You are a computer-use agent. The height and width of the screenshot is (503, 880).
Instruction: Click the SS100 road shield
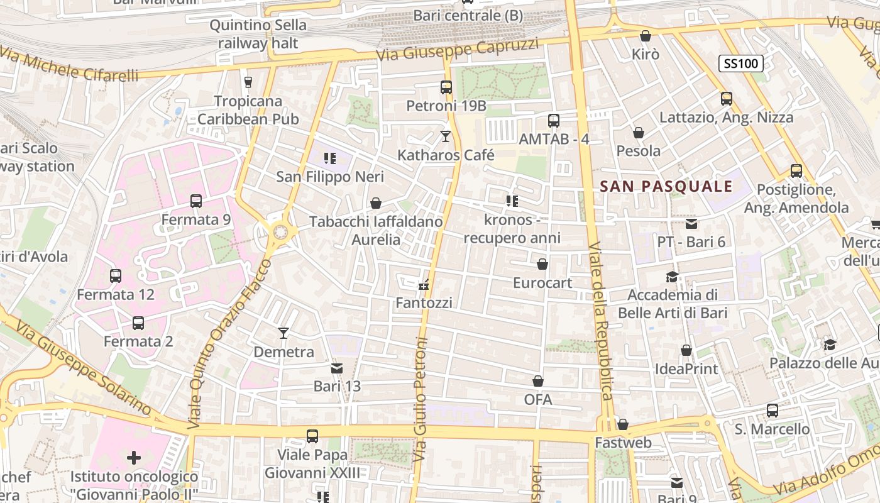pos(741,63)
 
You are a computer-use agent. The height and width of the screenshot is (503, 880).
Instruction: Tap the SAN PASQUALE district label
pos(666,186)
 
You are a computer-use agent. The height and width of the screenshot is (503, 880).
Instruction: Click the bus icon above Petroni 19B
pos(446,87)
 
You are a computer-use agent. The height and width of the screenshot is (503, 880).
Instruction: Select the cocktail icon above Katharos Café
pos(446,136)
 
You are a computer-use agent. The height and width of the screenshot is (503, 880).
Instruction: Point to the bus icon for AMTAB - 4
pos(554,121)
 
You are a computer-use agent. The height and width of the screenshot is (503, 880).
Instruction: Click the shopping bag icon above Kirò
pos(645,36)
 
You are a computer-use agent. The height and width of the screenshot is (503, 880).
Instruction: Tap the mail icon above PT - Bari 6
pos(691,223)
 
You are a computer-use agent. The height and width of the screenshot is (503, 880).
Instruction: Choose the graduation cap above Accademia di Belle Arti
pos(672,277)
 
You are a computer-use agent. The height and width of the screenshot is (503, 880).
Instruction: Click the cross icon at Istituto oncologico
pos(134,458)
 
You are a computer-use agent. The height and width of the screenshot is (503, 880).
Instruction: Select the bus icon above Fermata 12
pos(116,276)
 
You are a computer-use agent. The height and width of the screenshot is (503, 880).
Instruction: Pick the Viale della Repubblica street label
pos(601,321)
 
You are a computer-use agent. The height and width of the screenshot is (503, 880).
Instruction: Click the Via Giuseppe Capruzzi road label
pos(458,49)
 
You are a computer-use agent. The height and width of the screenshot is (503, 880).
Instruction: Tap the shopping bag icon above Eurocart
pos(542,264)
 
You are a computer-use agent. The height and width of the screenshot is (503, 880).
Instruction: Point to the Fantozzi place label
pos(424,302)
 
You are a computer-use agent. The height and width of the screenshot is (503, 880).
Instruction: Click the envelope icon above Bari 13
pos(337,368)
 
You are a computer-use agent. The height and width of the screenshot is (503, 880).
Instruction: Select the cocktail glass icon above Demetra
pos(283,333)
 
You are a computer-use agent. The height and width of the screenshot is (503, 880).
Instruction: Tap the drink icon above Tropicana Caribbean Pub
pos(248,82)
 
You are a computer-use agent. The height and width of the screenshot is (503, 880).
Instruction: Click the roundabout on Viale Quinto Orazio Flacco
pos(280,233)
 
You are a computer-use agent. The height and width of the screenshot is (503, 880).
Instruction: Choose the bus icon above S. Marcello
pos(773,411)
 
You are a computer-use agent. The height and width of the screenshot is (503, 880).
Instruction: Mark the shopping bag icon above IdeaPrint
pos(686,350)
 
